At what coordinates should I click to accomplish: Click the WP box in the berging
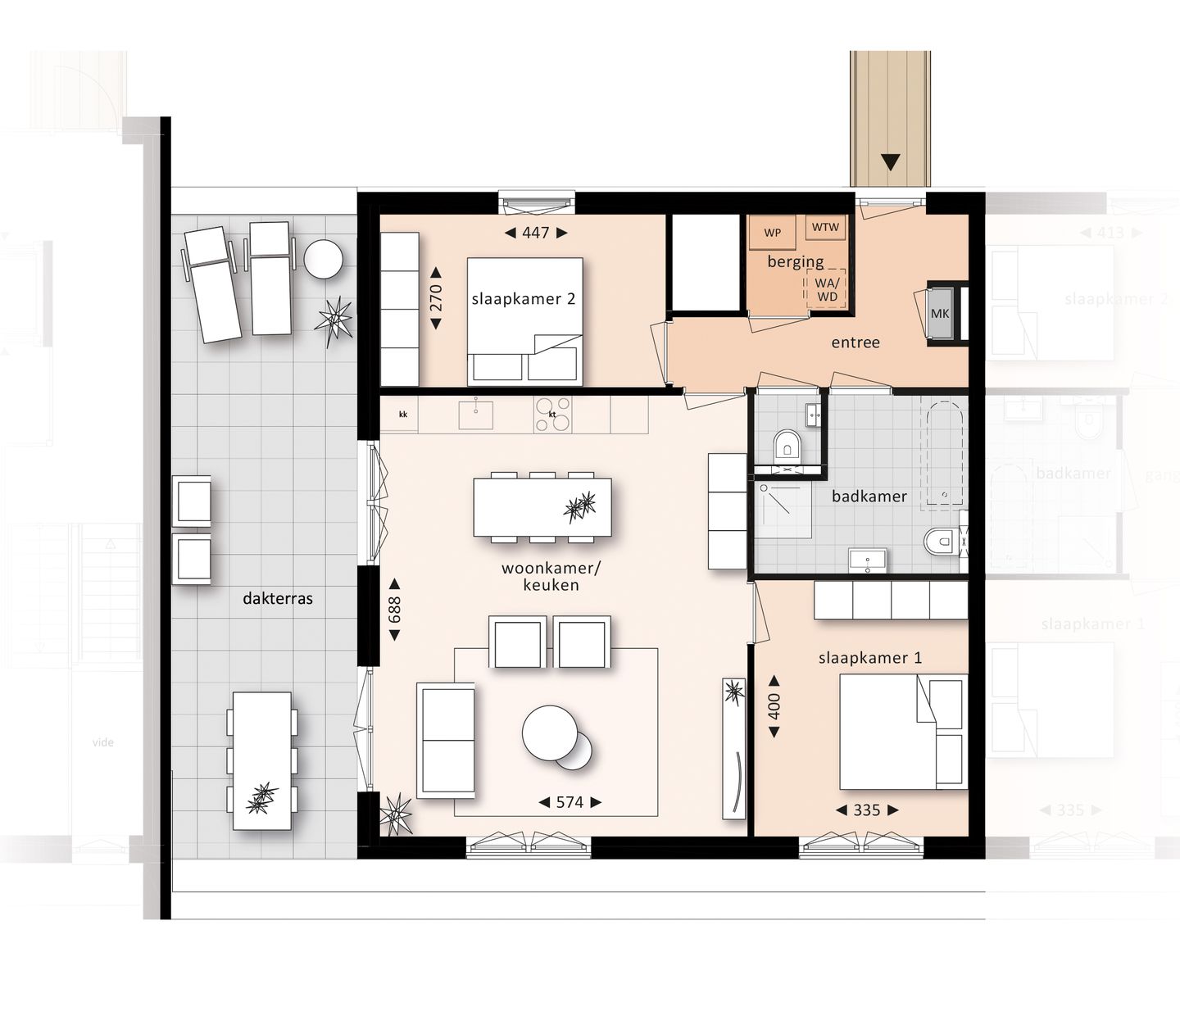(772, 233)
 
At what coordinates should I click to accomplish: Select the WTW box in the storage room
(825, 227)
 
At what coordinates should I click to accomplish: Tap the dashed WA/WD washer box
(827, 289)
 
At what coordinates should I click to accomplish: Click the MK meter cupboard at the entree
(940, 314)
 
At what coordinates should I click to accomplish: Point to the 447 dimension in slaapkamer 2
(535, 233)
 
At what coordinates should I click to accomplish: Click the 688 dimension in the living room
(394, 610)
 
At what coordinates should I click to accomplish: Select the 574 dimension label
(570, 802)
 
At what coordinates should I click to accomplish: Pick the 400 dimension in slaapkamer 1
(774, 706)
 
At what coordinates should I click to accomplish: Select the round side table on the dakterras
(324, 259)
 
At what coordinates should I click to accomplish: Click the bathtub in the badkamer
(944, 453)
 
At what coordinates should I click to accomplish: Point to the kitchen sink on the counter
(475, 415)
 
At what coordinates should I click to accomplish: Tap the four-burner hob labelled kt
(553, 415)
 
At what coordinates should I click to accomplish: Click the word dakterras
(277, 598)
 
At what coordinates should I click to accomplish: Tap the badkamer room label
(869, 497)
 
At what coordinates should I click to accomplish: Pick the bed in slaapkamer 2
(524, 321)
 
